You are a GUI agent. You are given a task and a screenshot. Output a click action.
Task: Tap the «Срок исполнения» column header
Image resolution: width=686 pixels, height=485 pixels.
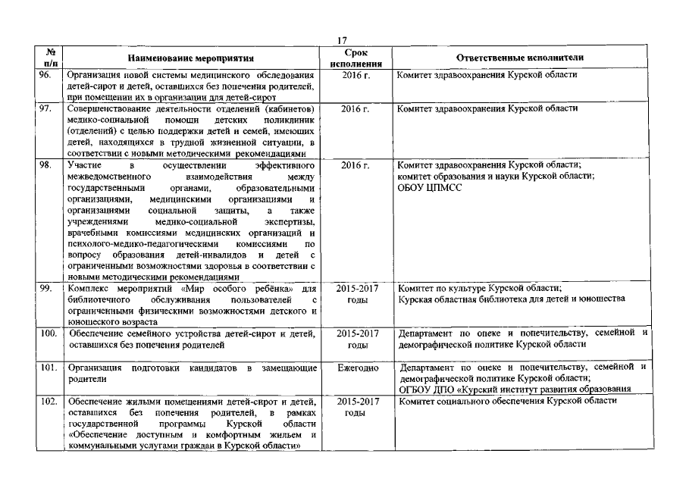pos(356,58)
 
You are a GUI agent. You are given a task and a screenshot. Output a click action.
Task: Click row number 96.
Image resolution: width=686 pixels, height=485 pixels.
pos(47,75)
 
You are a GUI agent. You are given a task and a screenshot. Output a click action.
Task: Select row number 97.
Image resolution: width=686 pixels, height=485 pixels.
pos(47,108)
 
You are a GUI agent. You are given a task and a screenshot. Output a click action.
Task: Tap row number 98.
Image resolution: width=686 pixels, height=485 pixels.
pos(47,164)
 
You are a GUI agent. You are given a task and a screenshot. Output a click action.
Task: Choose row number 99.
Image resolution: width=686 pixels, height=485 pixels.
pos(47,288)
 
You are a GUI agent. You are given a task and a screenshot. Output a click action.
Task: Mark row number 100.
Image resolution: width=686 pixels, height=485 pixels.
pos(49,333)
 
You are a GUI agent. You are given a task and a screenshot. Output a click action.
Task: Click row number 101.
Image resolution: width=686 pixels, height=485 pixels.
pos(49,368)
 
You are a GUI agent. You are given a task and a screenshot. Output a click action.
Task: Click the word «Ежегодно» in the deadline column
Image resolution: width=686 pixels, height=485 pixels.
pos(357,368)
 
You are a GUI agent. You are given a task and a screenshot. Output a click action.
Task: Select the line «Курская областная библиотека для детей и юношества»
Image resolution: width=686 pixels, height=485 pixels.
pos(512,299)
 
